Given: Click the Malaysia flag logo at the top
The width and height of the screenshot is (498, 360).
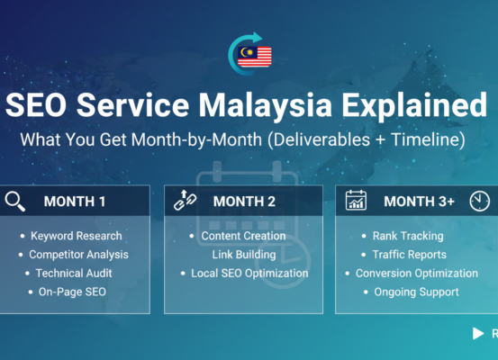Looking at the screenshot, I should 249,53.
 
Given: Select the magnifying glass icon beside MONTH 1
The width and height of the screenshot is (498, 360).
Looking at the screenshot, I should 15,201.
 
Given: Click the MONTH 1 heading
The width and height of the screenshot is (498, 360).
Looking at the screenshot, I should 75,202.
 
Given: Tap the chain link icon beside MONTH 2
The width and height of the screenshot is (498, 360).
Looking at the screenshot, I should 186,201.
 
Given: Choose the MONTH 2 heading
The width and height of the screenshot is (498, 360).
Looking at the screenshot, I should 245,202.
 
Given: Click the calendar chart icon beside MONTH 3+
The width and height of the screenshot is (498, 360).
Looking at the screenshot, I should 356,201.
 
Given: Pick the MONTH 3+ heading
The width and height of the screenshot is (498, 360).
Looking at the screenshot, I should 419,202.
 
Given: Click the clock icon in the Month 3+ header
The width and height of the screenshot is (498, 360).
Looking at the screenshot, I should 479,201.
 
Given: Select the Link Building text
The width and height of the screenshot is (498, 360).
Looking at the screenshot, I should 243,255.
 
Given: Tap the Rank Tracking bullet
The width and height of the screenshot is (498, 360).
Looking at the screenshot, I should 407,236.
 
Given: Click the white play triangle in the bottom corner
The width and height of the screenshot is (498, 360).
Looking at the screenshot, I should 478,334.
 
